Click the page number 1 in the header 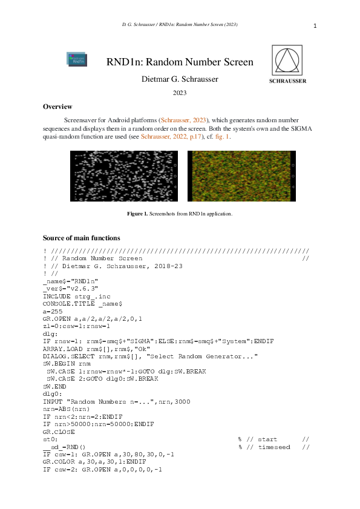315,26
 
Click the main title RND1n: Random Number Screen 180,62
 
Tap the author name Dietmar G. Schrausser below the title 180,79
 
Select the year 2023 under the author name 180,93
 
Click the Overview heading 57,107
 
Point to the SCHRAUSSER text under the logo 287,80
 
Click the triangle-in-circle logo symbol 287,59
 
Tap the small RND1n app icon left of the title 76,59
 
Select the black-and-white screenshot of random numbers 124,176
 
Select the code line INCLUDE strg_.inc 77,295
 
